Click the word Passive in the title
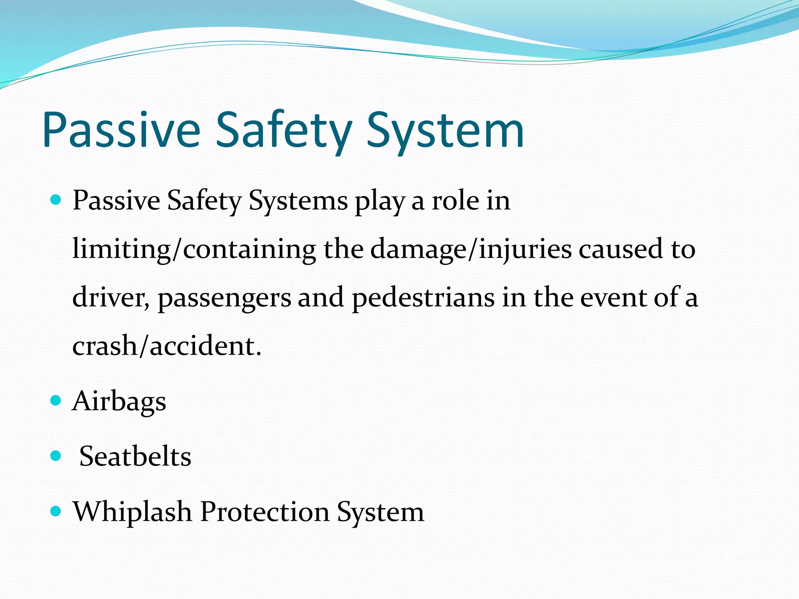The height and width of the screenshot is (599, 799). pos(121,129)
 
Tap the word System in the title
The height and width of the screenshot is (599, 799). pos(445,129)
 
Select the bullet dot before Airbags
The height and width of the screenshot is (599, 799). pos(56,400)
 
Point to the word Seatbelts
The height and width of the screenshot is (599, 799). pos(135,456)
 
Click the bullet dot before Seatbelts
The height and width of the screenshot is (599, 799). pos(56,455)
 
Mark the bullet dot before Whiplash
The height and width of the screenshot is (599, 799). pos(56,511)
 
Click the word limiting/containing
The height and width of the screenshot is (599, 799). pos(194,249)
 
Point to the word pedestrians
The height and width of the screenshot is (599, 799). pos(423,298)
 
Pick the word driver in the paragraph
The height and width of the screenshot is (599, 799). pos(109,298)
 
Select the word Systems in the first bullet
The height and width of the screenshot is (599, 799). pos(298,201)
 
